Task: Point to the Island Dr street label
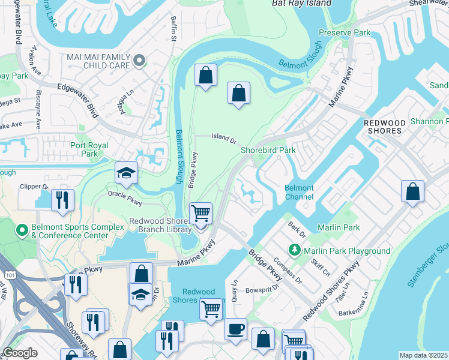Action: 224,137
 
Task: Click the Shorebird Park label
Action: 268,150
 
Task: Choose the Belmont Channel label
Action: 299,192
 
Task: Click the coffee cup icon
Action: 235,329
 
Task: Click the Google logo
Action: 20,353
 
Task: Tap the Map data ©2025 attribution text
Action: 423,355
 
